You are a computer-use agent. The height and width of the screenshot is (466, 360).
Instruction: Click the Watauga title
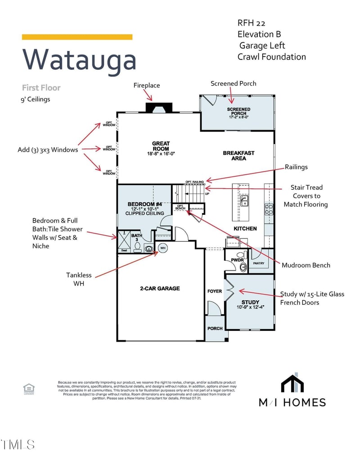coord(79,59)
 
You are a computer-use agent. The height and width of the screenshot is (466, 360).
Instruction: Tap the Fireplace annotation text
coord(147,85)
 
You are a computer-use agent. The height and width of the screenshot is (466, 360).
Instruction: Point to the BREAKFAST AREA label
coord(238,156)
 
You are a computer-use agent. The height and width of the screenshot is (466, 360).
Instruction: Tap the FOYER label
coord(215,291)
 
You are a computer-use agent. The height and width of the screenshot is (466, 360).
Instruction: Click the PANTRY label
coord(258,263)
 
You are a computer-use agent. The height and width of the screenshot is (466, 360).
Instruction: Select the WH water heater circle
coord(162,248)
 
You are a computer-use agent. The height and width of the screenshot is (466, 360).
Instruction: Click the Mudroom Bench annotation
coord(306,265)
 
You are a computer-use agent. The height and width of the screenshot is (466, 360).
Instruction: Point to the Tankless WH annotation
coord(79,279)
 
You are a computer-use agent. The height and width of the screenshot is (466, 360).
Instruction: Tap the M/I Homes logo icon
coord(292,383)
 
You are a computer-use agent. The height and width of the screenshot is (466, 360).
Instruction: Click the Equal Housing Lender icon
coord(29,389)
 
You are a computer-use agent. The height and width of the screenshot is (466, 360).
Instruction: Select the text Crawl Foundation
coord(272,57)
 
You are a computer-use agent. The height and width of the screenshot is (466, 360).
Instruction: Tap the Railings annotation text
coord(296,167)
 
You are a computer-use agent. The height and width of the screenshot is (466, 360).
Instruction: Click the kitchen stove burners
coord(269,208)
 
